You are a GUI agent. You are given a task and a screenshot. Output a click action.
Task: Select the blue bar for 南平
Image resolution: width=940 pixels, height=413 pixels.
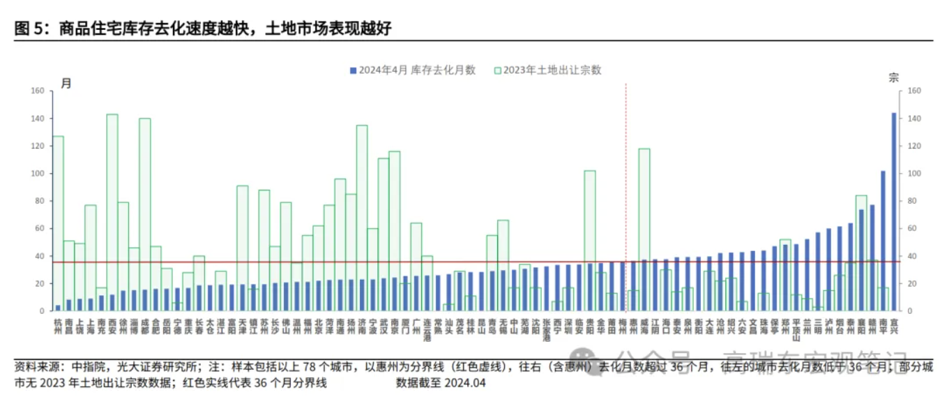(883, 241)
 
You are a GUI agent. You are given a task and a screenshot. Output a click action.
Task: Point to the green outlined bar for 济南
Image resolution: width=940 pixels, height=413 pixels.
(362, 202)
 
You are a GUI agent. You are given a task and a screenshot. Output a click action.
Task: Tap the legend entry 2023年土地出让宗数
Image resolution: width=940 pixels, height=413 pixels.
(547, 70)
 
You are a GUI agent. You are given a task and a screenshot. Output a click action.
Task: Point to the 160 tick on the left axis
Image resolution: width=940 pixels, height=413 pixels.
(38, 91)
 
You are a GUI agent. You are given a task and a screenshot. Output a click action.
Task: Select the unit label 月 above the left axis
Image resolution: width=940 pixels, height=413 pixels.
(66, 83)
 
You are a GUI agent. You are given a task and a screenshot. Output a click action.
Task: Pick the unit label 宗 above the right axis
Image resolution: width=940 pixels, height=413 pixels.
(894, 78)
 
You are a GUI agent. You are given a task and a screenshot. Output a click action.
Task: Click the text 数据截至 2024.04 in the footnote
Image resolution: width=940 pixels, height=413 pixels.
(441, 382)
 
